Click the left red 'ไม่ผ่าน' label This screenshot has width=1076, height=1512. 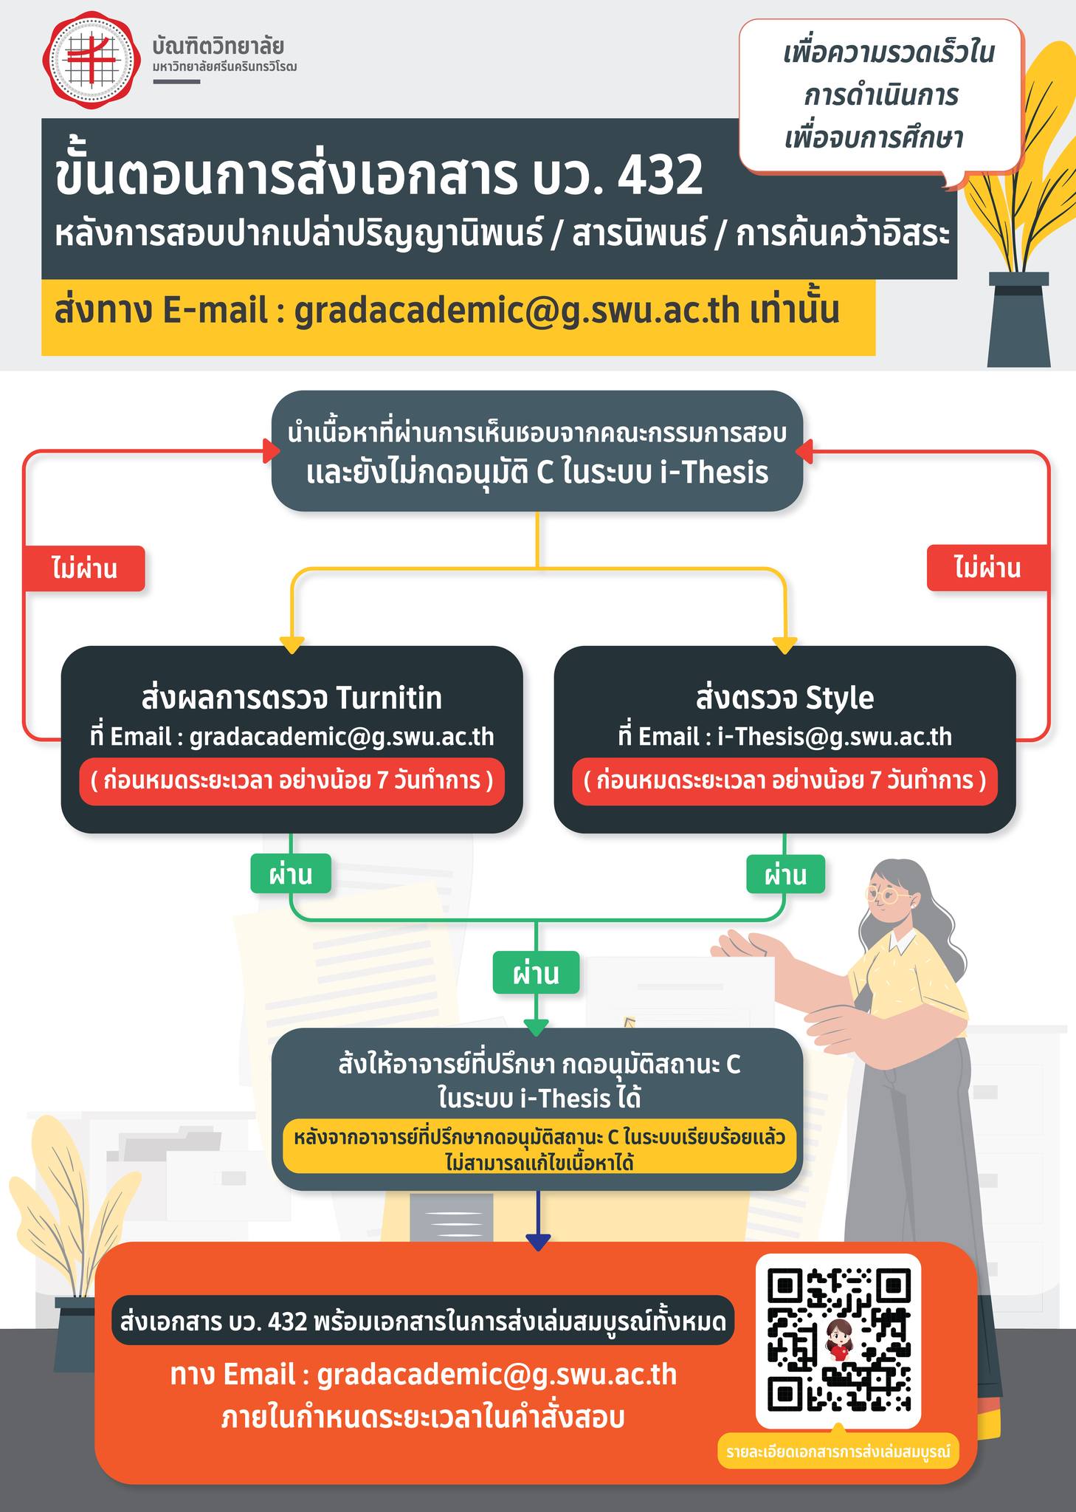pyautogui.click(x=84, y=568)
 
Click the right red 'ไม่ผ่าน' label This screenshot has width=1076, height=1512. pyautogui.click(x=987, y=568)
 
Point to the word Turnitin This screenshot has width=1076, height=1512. pyautogui.click(x=388, y=698)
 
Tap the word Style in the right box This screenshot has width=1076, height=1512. pyautogui.click(x=840, y=698)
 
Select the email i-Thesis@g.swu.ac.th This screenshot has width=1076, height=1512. pyautogui.click(x=835, y=737)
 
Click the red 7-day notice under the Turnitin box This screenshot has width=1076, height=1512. pyautogui.click(x=292, y=780)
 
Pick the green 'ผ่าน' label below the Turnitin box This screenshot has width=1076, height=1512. pyautogui.click(x=291, y=875)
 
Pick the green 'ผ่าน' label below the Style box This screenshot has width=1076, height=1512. pyautogui.click(x=785, y=875)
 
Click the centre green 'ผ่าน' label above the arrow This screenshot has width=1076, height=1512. pyautogui.click(x=537, y=974)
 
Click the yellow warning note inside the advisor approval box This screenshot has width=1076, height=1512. pyautogui.click(x=538, y=1148)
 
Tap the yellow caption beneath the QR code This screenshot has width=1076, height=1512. pyautogui.click(x=838, y=1451)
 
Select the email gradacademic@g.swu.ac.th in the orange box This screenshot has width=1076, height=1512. pyautogui.click(x=497, y=1375)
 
